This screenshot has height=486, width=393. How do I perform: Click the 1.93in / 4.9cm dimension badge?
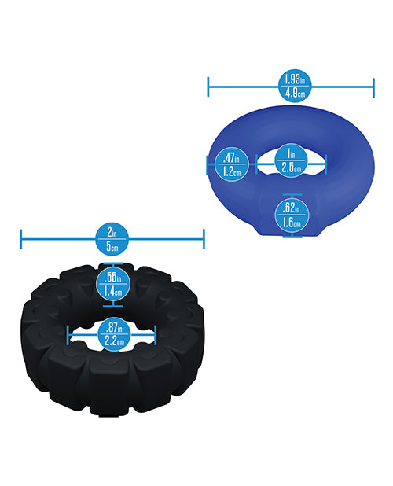294,86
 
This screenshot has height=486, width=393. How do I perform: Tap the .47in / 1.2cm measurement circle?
232,164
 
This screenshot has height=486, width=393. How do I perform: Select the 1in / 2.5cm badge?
291,160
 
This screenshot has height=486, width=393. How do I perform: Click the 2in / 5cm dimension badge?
112,238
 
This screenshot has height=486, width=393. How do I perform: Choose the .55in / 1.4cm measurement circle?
113,284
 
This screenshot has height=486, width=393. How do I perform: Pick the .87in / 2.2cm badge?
114,334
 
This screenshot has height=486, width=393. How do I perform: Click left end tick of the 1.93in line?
208,87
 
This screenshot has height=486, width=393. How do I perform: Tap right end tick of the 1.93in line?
373,88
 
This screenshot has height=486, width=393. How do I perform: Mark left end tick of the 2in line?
20,239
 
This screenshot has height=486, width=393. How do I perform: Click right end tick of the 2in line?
204,238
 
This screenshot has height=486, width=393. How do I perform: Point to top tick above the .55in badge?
113,264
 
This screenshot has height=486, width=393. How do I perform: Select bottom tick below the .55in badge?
112,306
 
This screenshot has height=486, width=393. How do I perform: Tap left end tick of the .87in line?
68,335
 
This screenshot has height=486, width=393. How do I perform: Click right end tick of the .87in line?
155,335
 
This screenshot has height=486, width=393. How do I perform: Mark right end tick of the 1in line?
326,164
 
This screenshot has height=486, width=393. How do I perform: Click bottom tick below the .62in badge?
292,237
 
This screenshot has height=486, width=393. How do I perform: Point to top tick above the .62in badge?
292,195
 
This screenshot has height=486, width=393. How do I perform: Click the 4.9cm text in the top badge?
295,93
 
